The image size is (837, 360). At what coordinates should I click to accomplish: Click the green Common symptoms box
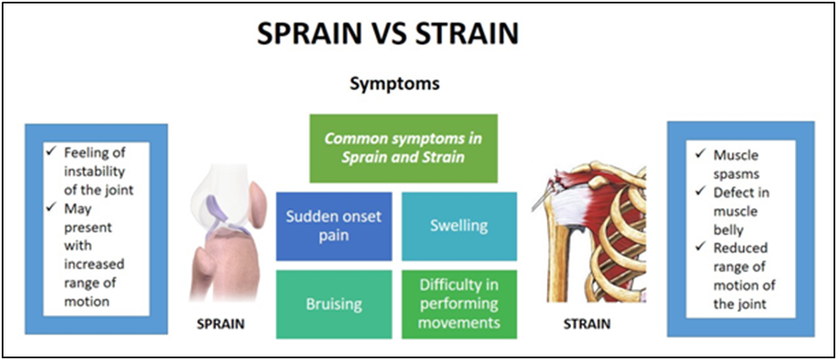[403, 148]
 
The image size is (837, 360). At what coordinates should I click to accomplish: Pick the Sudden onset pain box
[333, 226]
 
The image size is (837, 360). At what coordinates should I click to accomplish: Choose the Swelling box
[459, 226]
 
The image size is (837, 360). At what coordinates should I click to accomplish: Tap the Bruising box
[333, 304]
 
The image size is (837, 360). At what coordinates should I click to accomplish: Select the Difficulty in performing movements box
[459, 304]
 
